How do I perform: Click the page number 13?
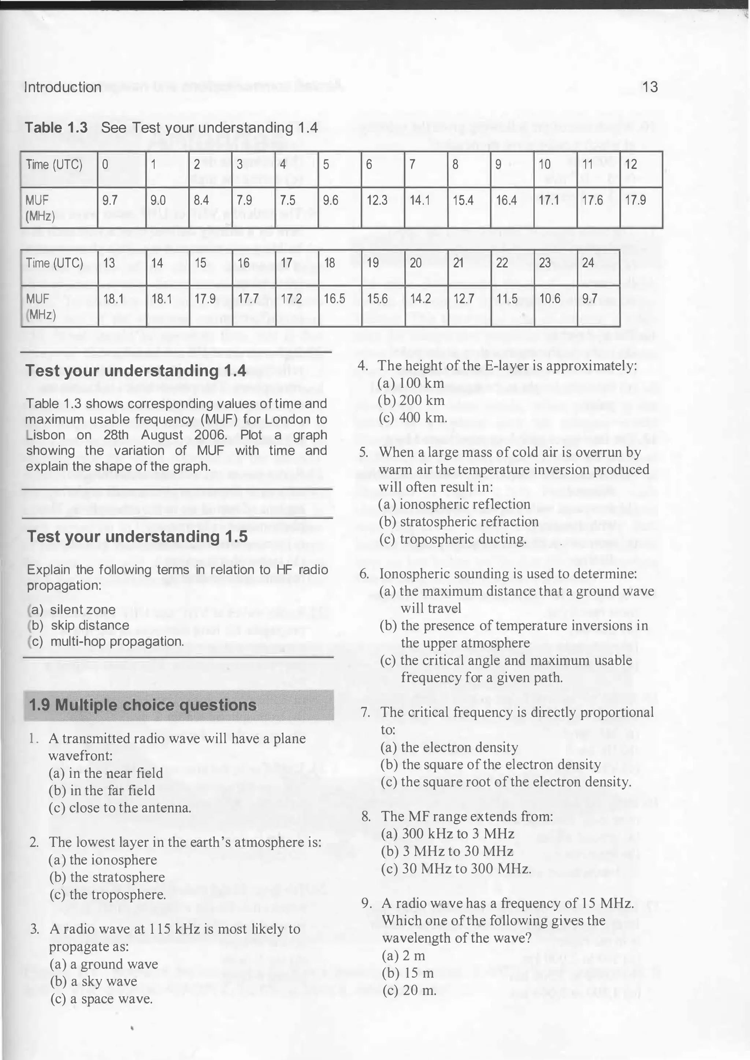pos(649,87)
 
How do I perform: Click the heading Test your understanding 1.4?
pos(136,371)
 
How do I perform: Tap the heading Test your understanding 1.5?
pos(137,536)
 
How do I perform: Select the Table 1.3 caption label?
pos(56,128)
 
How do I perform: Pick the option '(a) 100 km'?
pos(411,383)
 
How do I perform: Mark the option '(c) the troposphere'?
pos(107,895)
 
